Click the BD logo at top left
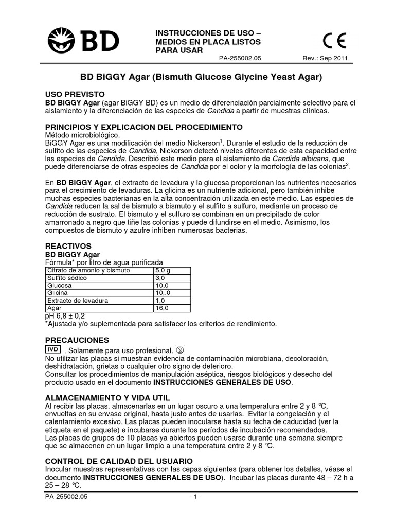click(84, 40)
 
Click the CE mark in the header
click(335, 40)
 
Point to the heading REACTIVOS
click(68, 247)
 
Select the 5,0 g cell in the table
click(162, 270)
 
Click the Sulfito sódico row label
click(67, 278)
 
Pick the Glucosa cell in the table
click(60, 285)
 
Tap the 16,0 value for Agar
click(161, 308)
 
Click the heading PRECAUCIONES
click(77, 340)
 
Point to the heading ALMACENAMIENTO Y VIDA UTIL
click(107, 398)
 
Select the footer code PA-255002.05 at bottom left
click(67, 497)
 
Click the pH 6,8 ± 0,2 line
click(66, 315)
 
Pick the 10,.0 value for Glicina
click(163, 293)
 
